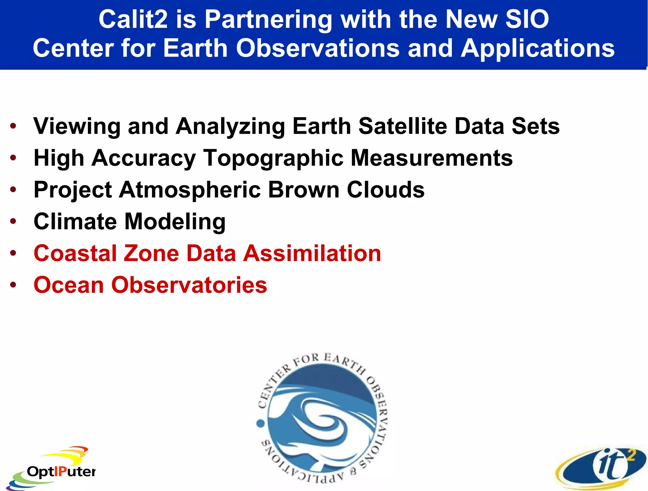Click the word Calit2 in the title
pos(133,20)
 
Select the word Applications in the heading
pos(538,48)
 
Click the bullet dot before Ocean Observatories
pos(13,285)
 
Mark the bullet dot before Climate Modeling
pos(13,221)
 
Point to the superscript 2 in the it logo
pos(631,456)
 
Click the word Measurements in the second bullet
pos(432,158)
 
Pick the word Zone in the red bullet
pos(151,253)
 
